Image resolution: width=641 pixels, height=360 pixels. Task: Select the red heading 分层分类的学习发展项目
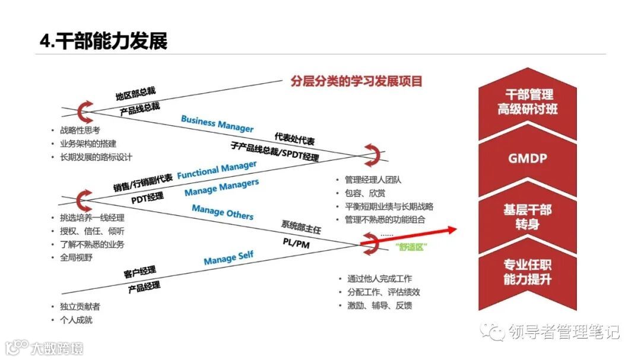coord(356,81)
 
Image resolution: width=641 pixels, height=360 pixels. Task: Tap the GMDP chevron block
coord(527,159)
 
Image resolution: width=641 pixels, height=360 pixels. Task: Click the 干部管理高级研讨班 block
coord(527,102)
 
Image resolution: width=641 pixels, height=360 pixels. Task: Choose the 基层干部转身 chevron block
coord(527,216)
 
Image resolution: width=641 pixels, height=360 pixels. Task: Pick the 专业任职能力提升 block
coord(527,272)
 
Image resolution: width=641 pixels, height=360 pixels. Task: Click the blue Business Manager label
coord(217,124)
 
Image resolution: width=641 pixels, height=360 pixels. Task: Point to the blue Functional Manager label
coord(217,170)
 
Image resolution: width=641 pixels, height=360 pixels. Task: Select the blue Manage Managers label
coord(221,188)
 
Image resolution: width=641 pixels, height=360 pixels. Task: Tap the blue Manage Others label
coord(223,212)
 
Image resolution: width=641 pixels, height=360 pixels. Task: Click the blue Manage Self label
coord(229,257)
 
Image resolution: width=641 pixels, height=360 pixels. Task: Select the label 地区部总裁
coord(135,94)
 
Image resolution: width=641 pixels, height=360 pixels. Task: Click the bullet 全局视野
coord(76,257)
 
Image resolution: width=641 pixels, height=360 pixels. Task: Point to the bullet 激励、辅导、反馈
coord(380,305)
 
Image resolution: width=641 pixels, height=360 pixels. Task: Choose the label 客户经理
coord(140,272)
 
